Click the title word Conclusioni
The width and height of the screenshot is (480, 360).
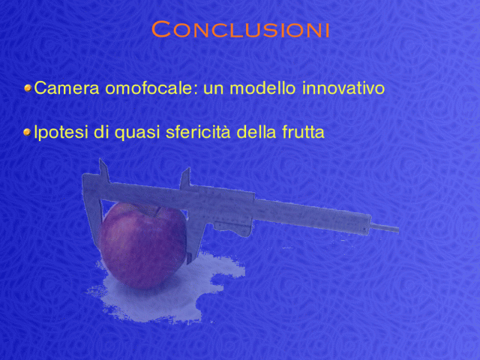point(240,29)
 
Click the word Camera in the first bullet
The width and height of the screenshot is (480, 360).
point(67,88)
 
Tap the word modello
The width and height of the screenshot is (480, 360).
point(262,88)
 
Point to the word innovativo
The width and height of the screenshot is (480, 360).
point(343,88)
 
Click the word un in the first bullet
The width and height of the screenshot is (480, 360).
point(214,90)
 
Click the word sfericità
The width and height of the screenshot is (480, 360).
point(198,132)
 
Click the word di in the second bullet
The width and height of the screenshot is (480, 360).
point(101,132)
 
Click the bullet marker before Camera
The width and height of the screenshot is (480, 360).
point(28,88)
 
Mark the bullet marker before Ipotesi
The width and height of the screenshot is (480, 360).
point(28,133)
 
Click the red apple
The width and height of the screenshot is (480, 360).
point(143,245)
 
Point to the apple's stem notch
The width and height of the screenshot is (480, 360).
point(157,211)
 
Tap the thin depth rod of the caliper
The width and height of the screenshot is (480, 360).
point(385,228)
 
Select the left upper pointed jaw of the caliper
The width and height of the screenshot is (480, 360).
point(103,171)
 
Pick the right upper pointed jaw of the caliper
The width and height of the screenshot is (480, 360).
point(185,178)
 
